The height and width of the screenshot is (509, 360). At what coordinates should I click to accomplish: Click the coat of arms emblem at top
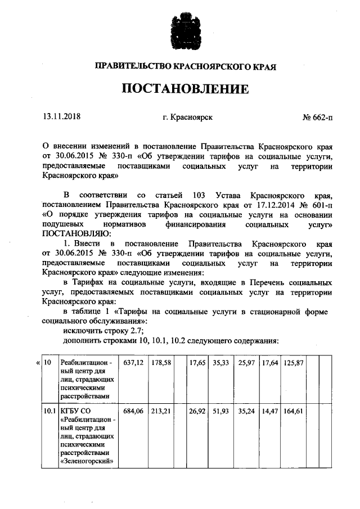pos(179,31)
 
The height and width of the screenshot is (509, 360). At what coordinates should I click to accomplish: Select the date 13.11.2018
pos(62,118)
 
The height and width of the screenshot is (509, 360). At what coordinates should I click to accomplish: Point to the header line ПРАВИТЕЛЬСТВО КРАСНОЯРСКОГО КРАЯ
pos(179,66)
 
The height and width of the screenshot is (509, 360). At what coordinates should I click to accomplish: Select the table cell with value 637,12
pos(134,363)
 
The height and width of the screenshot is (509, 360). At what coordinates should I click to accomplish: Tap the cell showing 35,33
pos(220,363)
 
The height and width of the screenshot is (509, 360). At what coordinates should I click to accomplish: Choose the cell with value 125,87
pos(293,363)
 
